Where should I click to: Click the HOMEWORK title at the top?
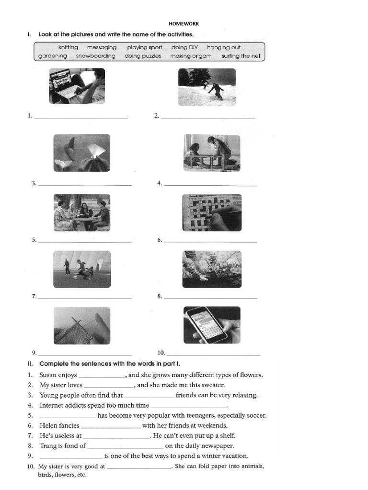coord(184,23)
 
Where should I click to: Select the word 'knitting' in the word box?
coord(68,47)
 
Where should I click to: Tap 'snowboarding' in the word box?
coord(95,56)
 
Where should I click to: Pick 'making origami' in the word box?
coord(191,56)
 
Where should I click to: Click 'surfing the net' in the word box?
coord(241,56)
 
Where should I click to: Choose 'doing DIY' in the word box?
coord(182,47)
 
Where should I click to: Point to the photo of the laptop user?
coord(77,86)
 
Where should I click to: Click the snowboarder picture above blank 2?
coord(207,87)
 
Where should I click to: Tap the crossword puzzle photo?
coord(212,212)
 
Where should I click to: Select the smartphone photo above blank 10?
coord(212,325)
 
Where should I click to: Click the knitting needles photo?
coord(81,325)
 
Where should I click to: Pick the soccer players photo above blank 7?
coord(81,269)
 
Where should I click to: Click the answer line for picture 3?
coord(84,185)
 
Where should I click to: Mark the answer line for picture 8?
coord(210,298)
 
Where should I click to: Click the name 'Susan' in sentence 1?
coord(48,375)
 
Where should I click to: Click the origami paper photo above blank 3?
coord(81,153)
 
